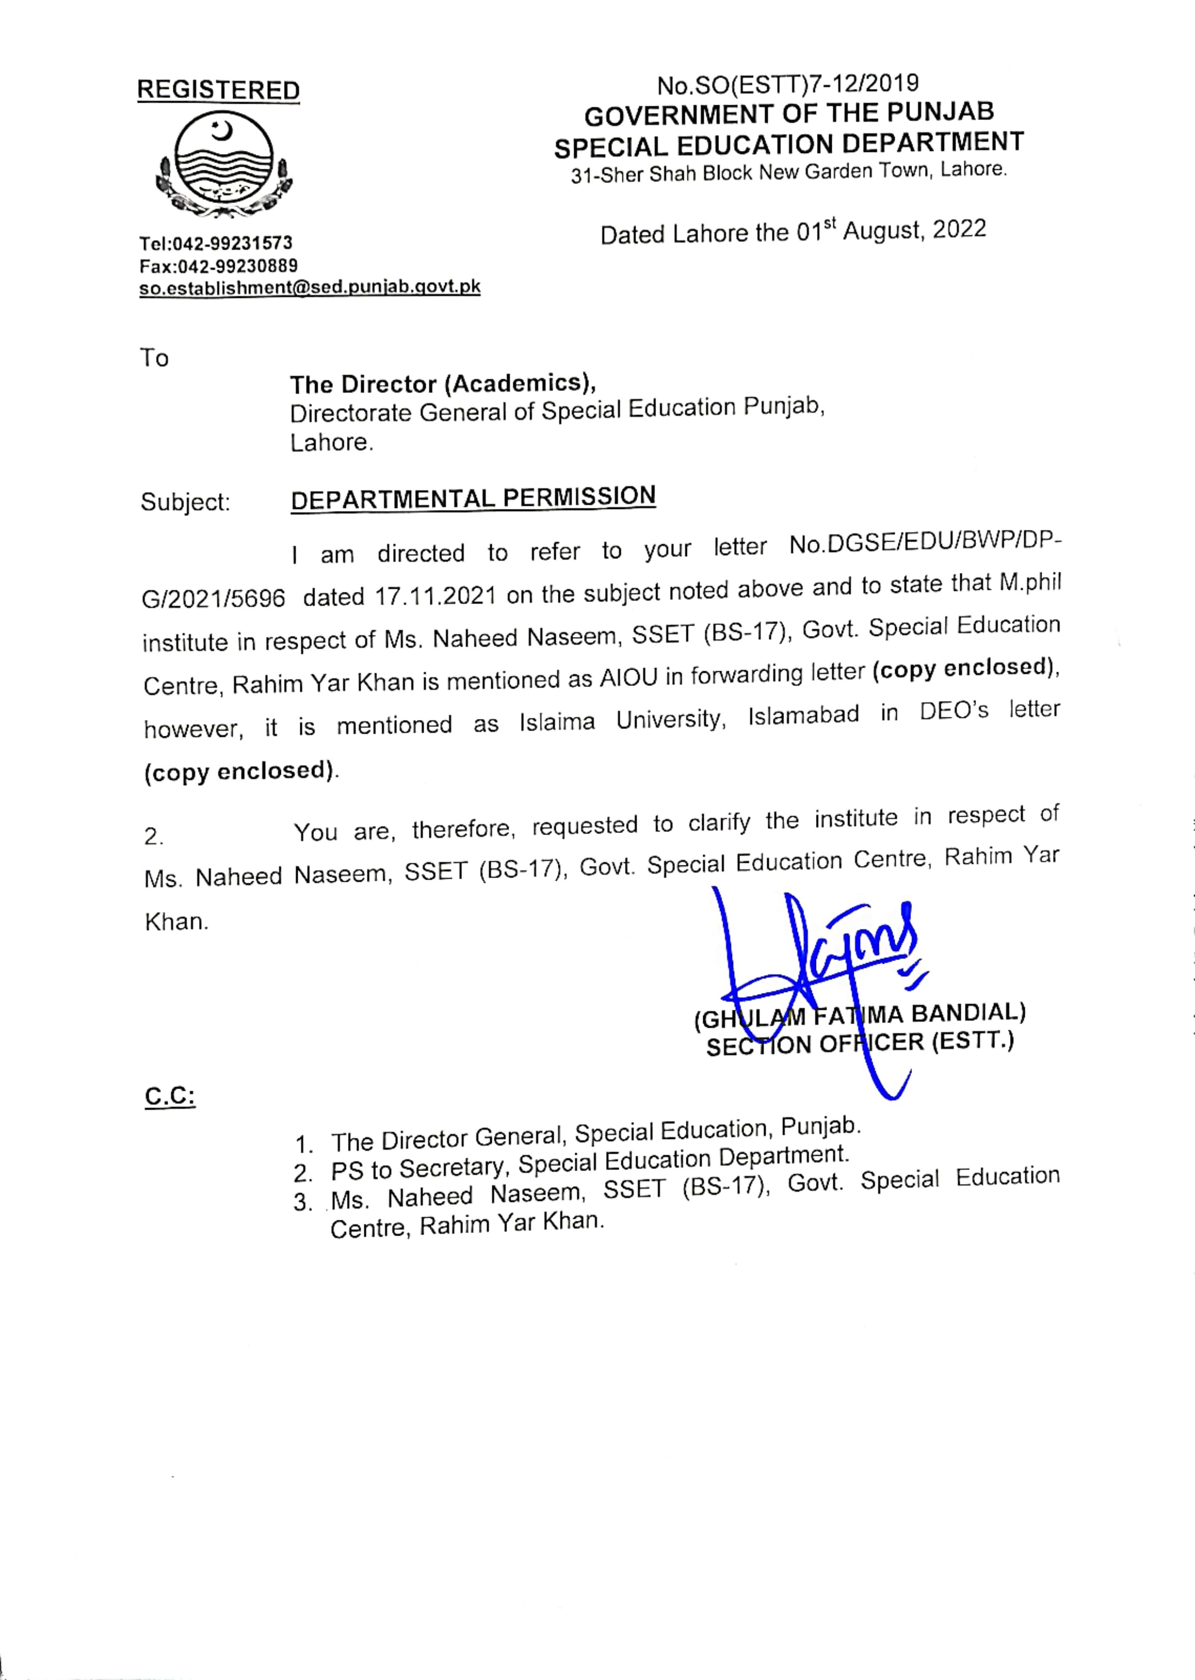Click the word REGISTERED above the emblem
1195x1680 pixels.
[x=218, y=90]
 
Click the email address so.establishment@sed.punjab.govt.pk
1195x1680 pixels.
[x=310, y=287]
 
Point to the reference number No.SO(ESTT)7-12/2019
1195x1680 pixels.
[x=788, y=85]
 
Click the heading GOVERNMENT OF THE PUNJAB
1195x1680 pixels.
[x=789, y=113]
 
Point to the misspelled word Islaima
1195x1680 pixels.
[x=557, y=722]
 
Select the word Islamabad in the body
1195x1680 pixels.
[x=804, y=715]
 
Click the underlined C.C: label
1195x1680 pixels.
[x=170, y=1096]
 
